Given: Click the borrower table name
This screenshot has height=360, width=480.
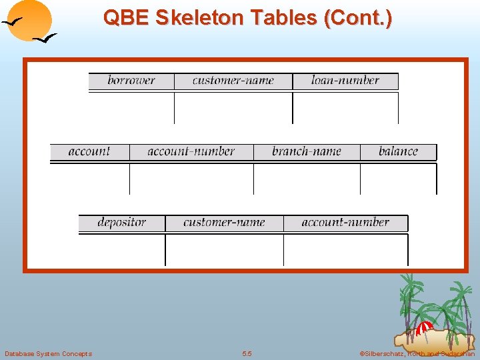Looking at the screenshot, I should click(x=131, y=81).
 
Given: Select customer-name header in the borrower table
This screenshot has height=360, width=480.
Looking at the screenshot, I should click(x=233, y=81).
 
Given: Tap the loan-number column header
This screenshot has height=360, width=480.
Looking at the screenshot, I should click(x=345, y=81).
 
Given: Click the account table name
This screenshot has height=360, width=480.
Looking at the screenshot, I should click(x=89, y=151).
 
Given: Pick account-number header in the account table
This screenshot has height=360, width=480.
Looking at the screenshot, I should click(x=191, y=151).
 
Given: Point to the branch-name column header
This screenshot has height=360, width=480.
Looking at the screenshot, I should click(x=306, y=151).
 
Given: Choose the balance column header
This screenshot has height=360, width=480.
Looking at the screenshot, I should click(x=398, y=151).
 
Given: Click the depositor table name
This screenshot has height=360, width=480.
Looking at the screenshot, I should click(x=121, y=223).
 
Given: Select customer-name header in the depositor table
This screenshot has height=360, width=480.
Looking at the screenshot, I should click(x=224, y=223).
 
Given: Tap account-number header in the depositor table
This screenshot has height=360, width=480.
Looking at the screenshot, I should click(x=345, y=223).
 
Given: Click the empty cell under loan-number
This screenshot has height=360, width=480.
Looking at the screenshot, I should click(x=345, y=108).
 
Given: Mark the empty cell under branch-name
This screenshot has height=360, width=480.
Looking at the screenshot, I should click(x=306, y=179).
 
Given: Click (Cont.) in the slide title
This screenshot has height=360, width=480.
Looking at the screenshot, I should click(x=357, y=18).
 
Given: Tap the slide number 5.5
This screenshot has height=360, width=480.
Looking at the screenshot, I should click(x=247, y=353).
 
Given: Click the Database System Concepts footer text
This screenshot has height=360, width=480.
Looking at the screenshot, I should click(x=48, y=353).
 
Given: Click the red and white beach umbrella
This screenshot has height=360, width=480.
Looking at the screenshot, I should click(x=424, y=328).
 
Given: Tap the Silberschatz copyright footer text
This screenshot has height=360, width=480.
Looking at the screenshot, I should click(x=417, y=353).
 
